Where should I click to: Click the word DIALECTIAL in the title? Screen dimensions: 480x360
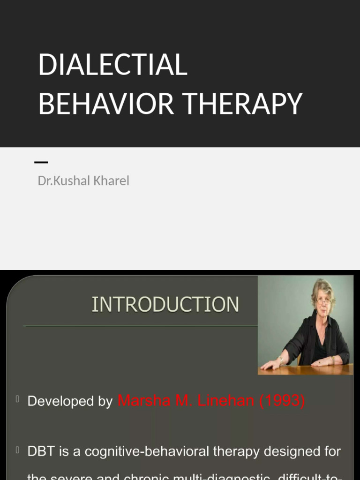click(112, 65)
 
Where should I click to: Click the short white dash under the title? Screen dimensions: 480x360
click(41, 162)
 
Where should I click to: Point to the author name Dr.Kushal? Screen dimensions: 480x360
click(61, 180)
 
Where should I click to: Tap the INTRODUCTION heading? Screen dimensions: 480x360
click(165, 305)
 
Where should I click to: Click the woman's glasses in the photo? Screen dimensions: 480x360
click(323, 301)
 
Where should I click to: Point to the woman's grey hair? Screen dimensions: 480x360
click(323, 287)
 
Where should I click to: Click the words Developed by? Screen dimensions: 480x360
click(70, 402)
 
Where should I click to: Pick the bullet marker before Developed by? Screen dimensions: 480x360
click(17, 399)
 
